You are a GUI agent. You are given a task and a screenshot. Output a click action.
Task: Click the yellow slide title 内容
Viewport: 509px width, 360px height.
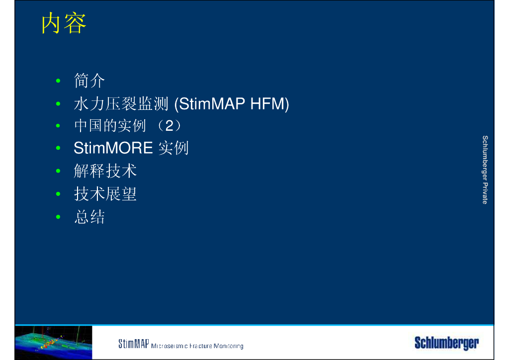(x=64, y=23)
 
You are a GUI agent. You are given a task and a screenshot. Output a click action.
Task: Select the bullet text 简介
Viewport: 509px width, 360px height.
(x=89, y=81)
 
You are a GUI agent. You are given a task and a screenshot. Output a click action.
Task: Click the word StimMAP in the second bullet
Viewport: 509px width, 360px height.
(x=210, y=104)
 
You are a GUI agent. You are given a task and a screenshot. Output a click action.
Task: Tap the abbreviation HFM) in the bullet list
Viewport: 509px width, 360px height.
(x=269, y=104)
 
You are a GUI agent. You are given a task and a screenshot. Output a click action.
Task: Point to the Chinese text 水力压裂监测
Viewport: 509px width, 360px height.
(x=121, y=104)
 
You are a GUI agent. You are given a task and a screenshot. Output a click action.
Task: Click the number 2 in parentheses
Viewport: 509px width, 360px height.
(x=169, y=126)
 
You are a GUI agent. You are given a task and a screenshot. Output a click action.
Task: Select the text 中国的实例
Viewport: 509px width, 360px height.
(x=110, y=126)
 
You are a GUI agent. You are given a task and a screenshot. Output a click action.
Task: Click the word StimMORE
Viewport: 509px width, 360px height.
(x=113, y=148)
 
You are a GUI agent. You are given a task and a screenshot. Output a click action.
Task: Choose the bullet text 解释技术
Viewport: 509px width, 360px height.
(x=105, y=171)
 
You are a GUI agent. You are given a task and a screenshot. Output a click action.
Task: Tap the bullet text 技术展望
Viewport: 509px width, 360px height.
(x=105, y=194)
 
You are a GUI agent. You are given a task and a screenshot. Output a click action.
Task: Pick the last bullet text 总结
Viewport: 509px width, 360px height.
(x=89, y=217)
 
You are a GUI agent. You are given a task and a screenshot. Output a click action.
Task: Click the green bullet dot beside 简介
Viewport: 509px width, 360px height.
(x=58, y=81)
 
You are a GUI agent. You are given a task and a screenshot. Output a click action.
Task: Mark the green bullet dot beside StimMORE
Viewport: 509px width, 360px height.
(x=58, y=148)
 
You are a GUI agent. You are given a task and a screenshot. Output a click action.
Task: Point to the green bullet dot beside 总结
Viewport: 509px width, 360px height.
(x=58, y=217)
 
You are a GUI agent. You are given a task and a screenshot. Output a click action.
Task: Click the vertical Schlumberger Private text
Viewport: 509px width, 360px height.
(x=485, y=170)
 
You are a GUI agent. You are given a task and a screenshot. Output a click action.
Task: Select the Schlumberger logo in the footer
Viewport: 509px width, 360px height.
(x=447, y=343)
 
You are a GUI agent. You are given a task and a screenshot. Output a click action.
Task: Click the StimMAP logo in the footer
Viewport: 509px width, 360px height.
(x=133, y=344)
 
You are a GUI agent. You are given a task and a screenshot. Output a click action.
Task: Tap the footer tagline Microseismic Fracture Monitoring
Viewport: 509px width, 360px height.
(x=197, y=346)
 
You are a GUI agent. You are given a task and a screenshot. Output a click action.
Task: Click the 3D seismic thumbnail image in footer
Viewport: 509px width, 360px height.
(x=54, y=343)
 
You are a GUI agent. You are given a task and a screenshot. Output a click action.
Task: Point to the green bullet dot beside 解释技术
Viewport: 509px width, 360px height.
(x=58, y=171)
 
